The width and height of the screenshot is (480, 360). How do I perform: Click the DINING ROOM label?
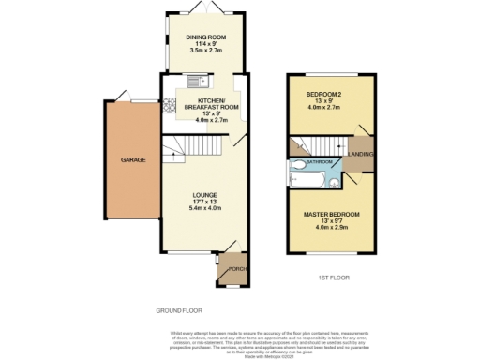point(204,37)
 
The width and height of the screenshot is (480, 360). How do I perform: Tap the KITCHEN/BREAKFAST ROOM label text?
point(209,103)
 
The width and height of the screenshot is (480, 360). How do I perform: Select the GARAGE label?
point(132,159)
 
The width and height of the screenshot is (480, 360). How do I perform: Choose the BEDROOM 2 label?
point(324,95)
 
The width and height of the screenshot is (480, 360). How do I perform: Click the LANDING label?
point(361,155)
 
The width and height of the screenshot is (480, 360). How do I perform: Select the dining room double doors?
point(205,7)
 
